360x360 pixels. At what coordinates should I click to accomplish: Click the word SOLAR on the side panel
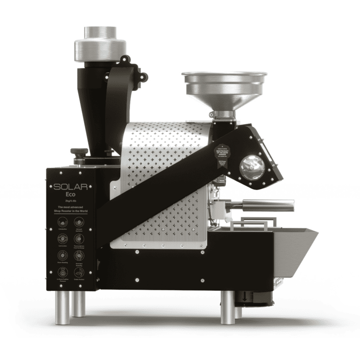click(71, 187)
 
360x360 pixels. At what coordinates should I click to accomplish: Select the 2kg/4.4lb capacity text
click(71, 202)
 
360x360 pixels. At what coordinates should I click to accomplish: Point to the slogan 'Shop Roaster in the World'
click(71, 211)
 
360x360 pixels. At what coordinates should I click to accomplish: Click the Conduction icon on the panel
click(63, 223)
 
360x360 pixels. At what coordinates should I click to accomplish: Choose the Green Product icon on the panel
click(79, 272)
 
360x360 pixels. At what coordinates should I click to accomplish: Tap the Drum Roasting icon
click(63, 255)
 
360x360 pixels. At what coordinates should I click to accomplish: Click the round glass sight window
click(252, 166)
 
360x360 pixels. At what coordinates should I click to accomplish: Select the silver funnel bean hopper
click(224, 89)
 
